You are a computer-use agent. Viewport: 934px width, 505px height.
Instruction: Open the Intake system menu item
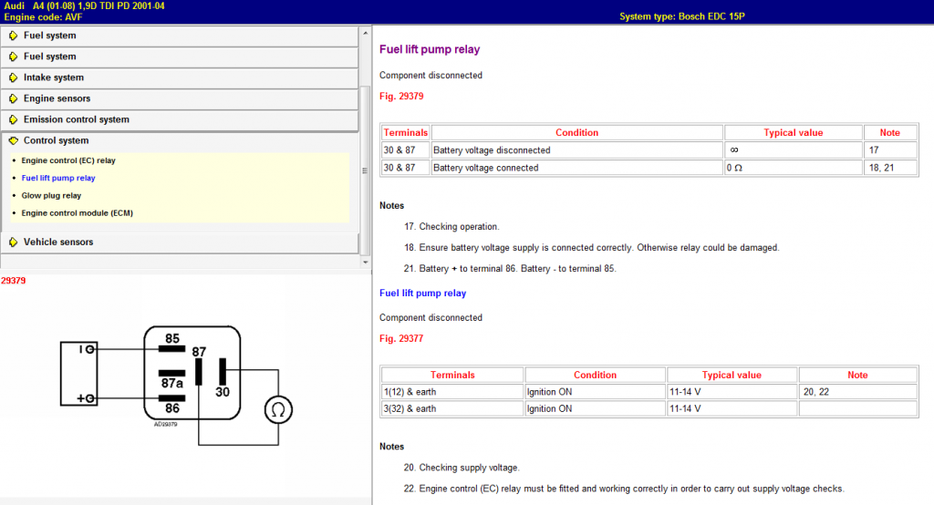[54, 77]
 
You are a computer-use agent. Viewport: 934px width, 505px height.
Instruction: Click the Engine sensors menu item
[57, 98]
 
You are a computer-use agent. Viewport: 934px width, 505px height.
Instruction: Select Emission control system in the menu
[77, 119]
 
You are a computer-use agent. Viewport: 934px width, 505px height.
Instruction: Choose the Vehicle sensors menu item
[58, 242]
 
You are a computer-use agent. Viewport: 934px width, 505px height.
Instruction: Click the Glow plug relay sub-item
[51, 195]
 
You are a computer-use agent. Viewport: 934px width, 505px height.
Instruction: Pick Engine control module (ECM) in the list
[77, 212]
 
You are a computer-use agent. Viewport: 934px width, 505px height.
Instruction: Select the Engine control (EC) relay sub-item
[68, 160]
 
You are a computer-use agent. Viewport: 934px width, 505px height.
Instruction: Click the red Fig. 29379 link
[401, 96]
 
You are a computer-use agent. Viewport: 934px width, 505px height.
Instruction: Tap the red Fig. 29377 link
[401, 338]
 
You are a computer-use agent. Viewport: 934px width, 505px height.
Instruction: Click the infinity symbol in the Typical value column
[734, 150]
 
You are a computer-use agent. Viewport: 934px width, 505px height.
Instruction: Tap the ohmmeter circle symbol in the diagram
[278, 409]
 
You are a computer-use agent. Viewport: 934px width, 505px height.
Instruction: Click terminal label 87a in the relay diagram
[172, 384]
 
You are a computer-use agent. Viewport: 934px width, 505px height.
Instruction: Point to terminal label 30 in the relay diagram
[223, 392]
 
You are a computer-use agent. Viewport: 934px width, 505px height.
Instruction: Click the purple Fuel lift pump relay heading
[430, 49]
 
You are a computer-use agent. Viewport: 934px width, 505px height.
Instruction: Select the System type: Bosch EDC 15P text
[682, 16]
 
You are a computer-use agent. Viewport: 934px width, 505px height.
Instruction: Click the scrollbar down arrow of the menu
[365, 262]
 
